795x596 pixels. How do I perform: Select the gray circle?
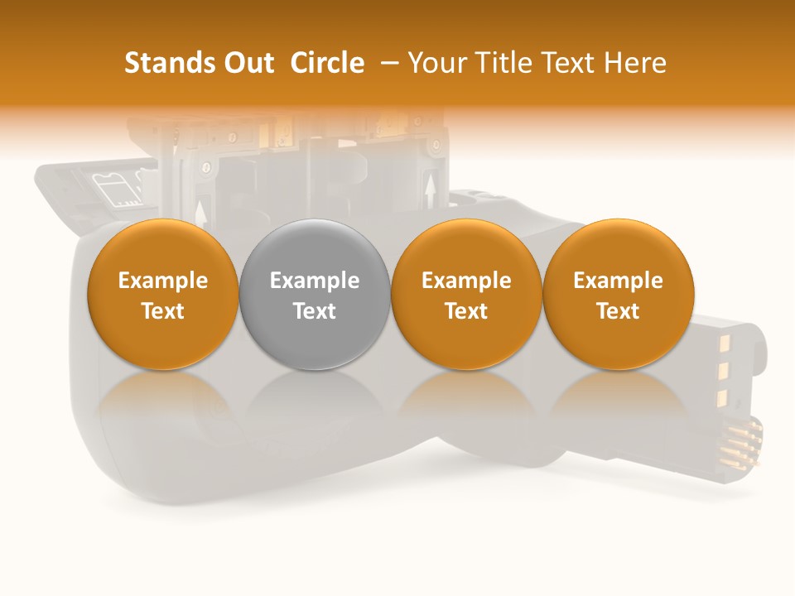tap(315, 294)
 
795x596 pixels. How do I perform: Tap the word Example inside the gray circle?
tap(315, 281)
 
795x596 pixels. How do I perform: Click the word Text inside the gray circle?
tap(315, 311)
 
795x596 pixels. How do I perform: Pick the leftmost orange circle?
tap(162, 294)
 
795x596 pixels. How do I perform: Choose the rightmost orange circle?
tap(619, 294)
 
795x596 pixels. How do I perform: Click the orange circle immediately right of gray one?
tap(466, 294)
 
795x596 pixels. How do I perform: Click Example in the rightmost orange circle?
tap(619, 281)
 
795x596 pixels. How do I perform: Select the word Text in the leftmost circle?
tap(162, 311)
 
